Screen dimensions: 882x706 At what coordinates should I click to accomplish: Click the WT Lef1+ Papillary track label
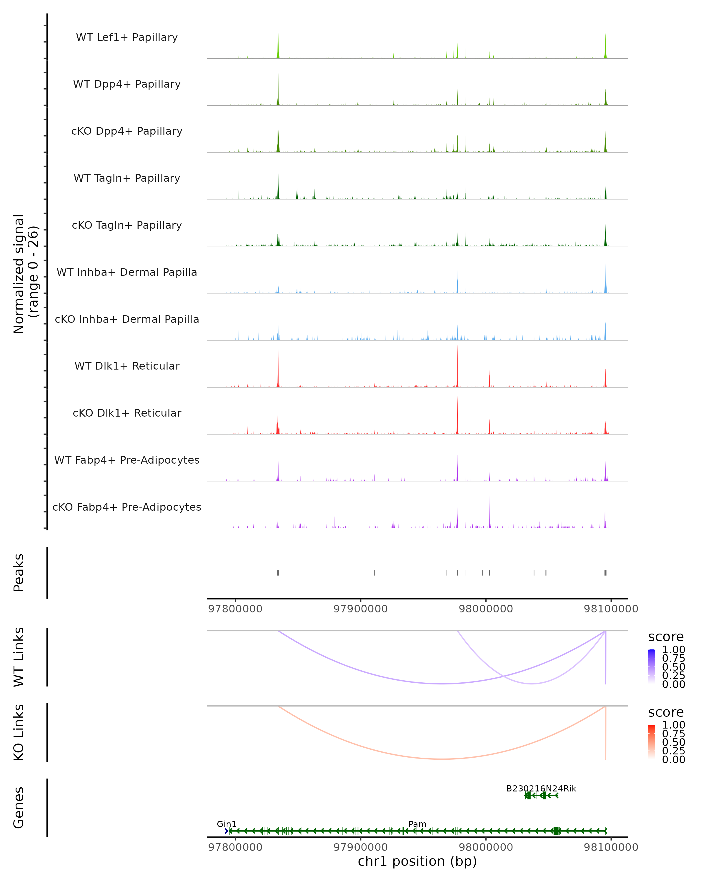tap(127, 37)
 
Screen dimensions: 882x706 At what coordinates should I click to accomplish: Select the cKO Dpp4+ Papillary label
tap(127, 131)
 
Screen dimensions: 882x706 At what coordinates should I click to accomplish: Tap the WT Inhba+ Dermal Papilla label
tap(127, 272)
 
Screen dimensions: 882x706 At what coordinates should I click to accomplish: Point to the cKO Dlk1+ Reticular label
tap(127, 413)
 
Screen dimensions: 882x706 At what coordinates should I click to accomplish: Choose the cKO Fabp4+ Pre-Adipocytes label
tap(127, 507)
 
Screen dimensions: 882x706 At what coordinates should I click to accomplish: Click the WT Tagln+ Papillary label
tap(127, 178)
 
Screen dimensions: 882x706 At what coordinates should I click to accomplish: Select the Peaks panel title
tap(19, 573)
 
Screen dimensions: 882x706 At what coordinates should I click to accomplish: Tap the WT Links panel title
tap(19, 657)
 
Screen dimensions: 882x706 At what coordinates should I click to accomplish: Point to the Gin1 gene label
tap(226, 824)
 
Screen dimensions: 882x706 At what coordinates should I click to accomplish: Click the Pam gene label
tap(417, 824)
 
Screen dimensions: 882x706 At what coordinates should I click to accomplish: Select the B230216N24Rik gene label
tap(541, 788)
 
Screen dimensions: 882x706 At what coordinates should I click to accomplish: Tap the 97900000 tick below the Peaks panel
tap(361, 609)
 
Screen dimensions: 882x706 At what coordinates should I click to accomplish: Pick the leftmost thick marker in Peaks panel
tap(278, 573)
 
